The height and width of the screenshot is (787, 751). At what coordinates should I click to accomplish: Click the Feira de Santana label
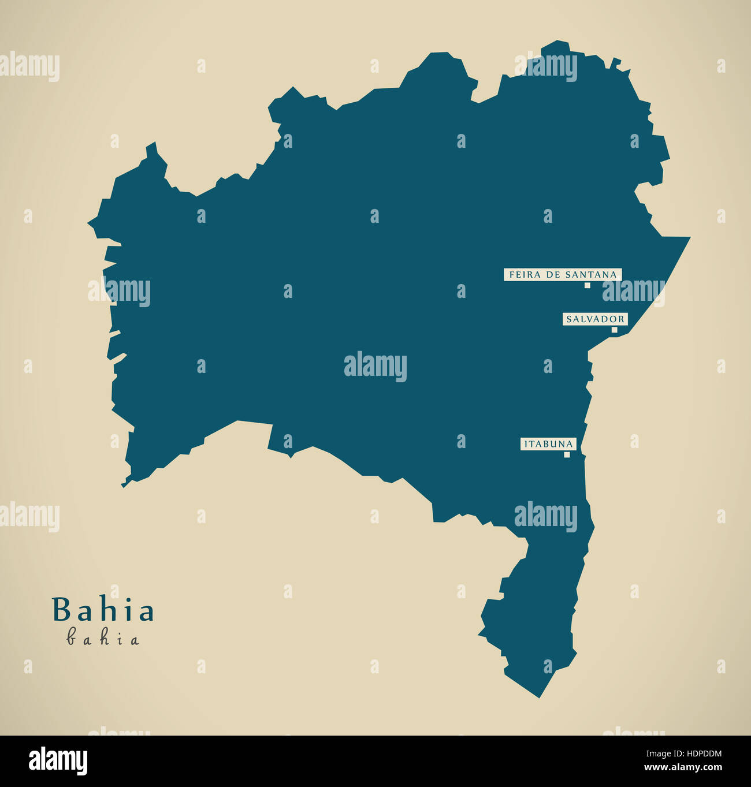[563, 275]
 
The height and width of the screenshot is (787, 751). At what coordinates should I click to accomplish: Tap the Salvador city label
[595, 319]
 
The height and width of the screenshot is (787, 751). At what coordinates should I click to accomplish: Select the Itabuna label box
[548, 444]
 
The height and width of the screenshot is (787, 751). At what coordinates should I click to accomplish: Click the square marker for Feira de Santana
[587, 285]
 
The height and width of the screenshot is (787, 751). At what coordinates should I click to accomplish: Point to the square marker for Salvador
[614, 330]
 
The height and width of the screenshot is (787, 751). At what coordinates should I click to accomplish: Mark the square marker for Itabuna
[567, 454]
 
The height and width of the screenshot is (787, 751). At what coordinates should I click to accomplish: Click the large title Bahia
[103, 610]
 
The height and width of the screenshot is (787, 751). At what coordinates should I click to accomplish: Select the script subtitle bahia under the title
[103, 639]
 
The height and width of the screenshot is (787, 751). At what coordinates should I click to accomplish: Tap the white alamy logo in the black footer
[58, 761]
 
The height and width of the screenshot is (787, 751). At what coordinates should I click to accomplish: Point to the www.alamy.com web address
[683, 768]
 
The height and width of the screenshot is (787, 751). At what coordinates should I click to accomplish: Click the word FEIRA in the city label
[522, 275]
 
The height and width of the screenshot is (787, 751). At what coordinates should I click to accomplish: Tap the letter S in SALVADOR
[569, 319]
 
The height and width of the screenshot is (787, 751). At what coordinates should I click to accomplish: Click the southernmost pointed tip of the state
[539, 697]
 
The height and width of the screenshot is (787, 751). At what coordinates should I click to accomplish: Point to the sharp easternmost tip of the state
[689, 237]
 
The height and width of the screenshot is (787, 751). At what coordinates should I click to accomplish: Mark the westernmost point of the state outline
[88, 221]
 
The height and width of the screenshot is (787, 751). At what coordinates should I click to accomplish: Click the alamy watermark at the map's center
[375, 366]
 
